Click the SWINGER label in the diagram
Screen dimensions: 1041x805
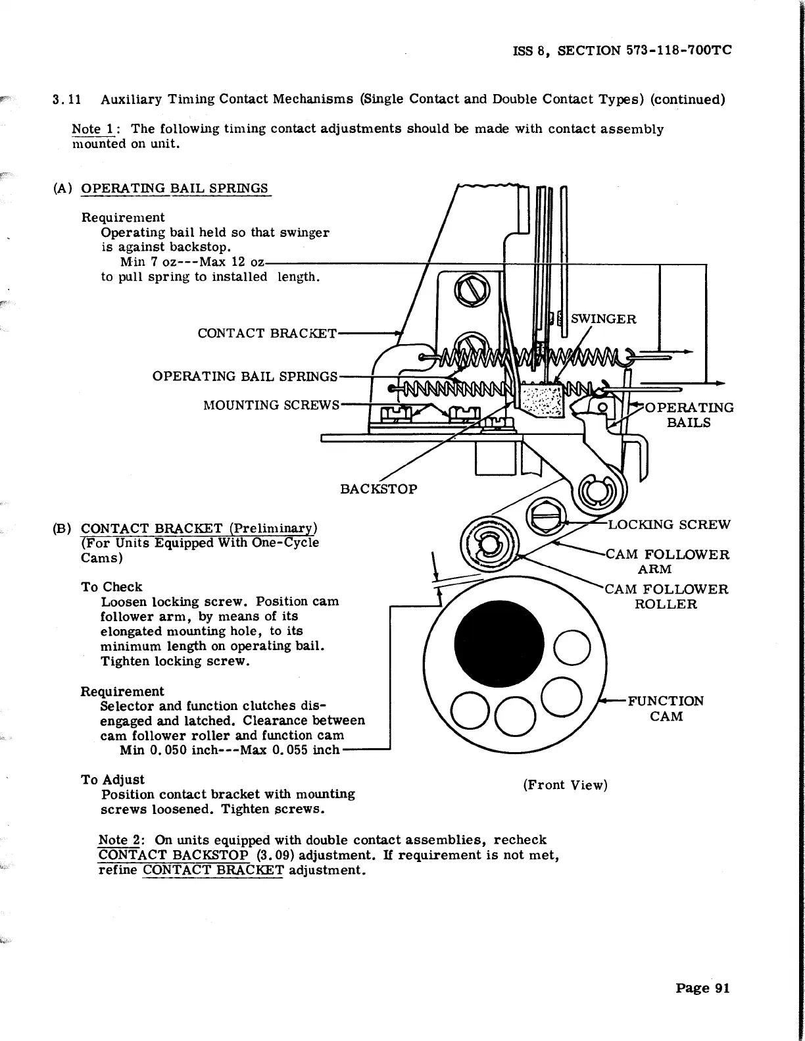coord(603,320)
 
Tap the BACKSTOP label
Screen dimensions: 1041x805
coord(378,489)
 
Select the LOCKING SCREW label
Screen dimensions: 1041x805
coord(668,524)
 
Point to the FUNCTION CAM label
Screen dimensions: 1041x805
coord(666,708)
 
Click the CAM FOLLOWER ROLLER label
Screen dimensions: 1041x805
coord(666,596)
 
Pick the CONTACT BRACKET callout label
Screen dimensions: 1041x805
coord(267,334)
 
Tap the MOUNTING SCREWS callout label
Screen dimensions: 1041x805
coord(271,405)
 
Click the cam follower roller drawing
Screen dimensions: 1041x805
coord(489,544)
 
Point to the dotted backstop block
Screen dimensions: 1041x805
coord(541,401)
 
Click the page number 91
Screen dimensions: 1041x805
coord(702,988)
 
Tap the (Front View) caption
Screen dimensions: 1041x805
coord(565,785)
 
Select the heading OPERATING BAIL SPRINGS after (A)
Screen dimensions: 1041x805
coord(174,189)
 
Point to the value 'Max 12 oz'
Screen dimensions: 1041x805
coord(232,263)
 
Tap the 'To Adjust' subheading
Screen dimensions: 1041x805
coord(112,780)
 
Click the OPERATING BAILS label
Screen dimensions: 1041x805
coord(689,415)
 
